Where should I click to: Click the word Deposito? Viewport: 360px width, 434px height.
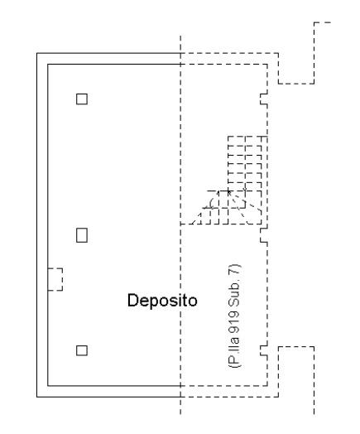point(162,301)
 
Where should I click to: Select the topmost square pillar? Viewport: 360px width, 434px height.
point(82,99)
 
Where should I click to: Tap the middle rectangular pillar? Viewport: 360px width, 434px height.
point(82,235)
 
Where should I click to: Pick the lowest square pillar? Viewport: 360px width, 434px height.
point(82,350)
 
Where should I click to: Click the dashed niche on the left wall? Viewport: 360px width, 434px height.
point(55,279)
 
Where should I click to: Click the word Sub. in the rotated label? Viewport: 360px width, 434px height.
point(234,292)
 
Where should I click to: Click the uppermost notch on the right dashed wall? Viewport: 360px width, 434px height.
point(264,99)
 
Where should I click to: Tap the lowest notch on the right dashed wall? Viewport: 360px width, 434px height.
point(264,350)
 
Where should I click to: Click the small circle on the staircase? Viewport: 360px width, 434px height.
point(245,189)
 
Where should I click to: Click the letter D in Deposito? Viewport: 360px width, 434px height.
point(132,301)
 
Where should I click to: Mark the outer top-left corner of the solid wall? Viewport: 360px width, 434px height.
point(37,53)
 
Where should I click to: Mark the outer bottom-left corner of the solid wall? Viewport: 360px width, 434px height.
point(37,397)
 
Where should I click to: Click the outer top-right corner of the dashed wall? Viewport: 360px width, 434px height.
point(278,53)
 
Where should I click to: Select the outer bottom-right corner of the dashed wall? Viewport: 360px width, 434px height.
point(278,397)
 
